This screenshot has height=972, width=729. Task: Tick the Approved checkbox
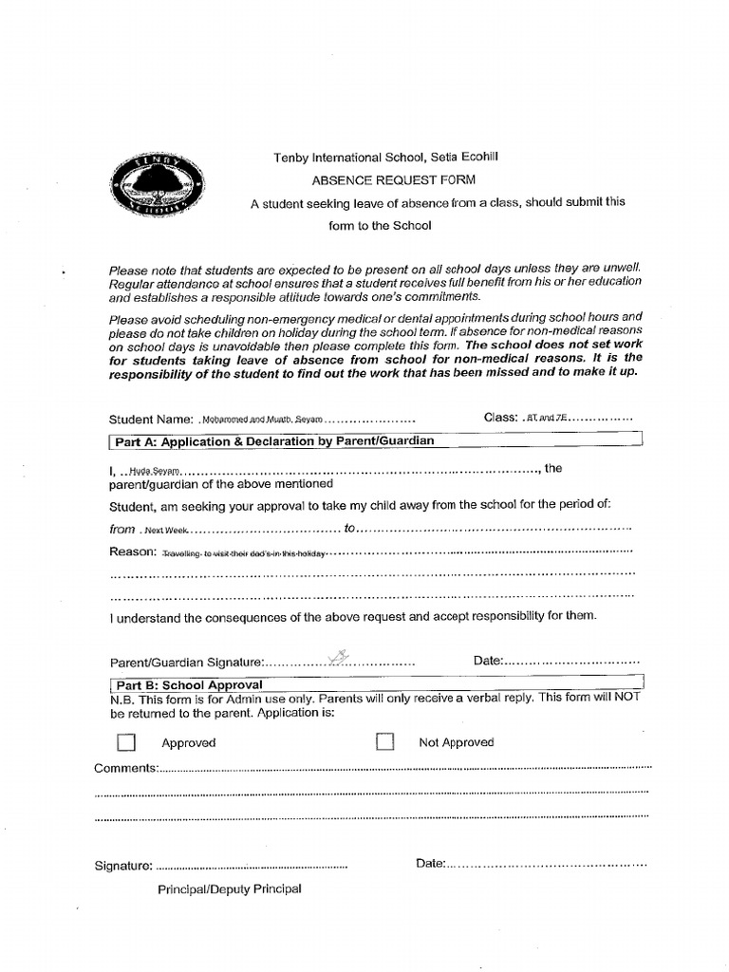[126, 742]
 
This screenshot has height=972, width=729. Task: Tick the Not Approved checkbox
[384, 741]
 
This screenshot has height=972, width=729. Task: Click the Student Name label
[151, 419]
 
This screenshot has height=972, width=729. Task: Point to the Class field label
[500, 417]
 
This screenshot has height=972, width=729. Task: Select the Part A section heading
[274, 441]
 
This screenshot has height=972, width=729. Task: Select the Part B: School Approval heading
[189, 684]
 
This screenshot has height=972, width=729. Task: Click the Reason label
[132, 552]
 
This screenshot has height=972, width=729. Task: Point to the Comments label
[126, 767]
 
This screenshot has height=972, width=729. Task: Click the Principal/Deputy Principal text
[230, 888]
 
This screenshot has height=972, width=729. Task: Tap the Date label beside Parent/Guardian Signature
[488, 660]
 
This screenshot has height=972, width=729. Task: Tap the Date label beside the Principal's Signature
[430, 864]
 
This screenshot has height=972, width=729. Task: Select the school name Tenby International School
[346, 157]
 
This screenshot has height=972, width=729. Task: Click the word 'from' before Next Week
[122, 530]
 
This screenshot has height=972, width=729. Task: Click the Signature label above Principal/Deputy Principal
[123, 865]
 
